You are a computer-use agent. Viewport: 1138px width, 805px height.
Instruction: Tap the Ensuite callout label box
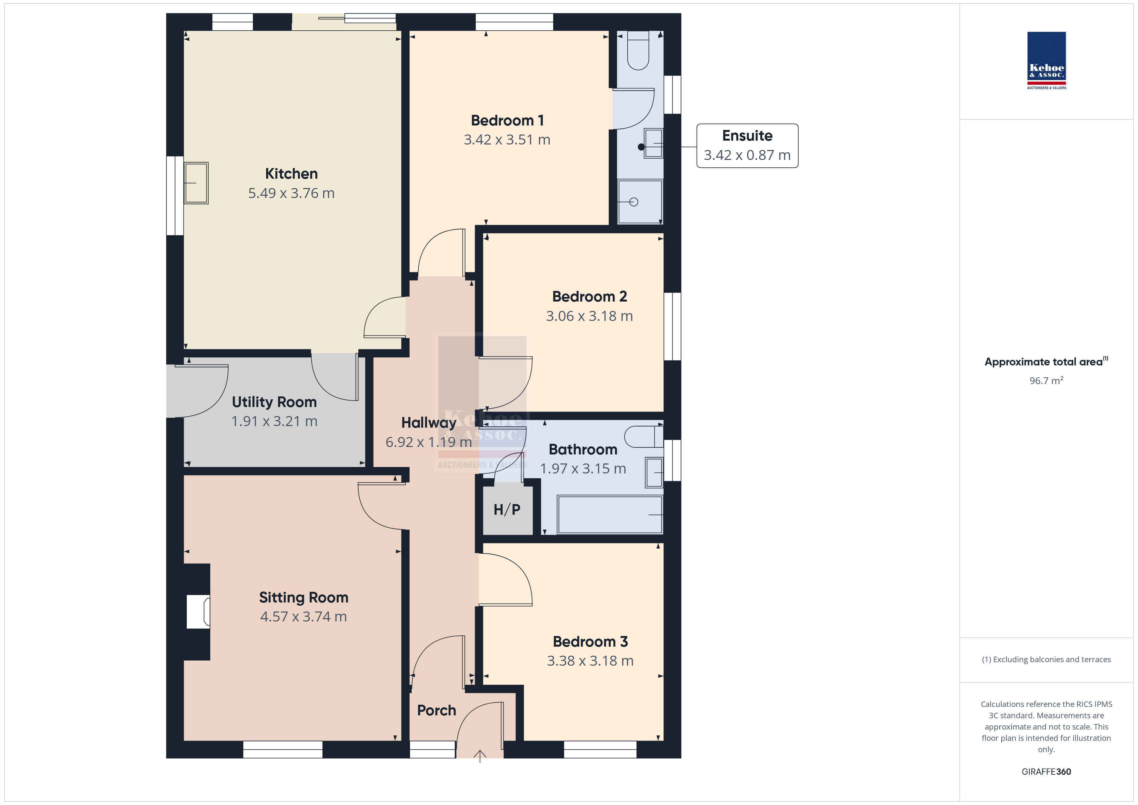pos(747,146)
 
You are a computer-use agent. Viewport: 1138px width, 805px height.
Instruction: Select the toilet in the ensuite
pos(638,50)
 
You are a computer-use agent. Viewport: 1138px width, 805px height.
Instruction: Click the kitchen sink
pos(196,183)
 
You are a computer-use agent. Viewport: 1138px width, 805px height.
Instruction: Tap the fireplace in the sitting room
pos(198,612)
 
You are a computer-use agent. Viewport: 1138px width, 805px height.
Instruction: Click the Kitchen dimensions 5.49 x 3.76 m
pos(292,193)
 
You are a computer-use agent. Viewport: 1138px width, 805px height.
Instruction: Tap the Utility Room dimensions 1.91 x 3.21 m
pos(274,421)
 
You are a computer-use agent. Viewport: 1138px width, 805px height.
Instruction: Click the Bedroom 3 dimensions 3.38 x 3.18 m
pos(590,661)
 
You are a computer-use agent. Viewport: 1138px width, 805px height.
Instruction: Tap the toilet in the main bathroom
pos(643,437)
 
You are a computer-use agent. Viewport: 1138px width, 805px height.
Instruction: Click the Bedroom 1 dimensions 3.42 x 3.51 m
pos(507,140)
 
